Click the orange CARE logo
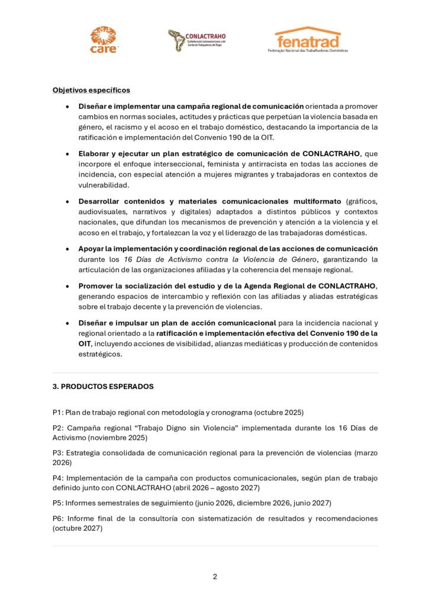[104, 40]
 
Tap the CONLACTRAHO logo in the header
[196, 40]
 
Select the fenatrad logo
[308, 39]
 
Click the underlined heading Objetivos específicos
[91, 91]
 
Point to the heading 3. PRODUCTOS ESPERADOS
[103, 386]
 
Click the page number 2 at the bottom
[215, 576]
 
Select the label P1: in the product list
[58, 412]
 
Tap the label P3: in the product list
[59, 453]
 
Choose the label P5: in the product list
[58, 503]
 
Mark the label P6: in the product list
[59, 518]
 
